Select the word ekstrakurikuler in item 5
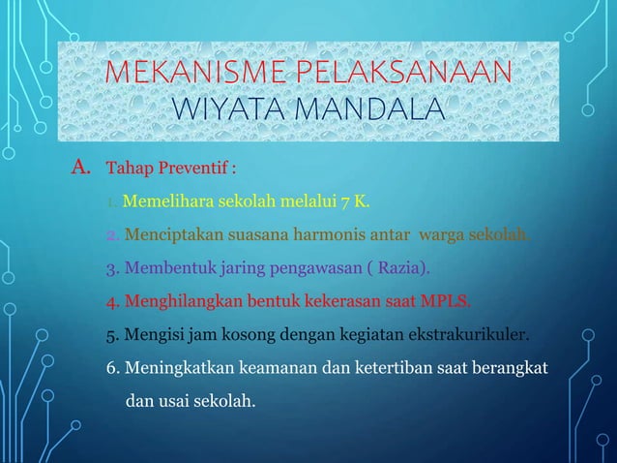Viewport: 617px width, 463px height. coord(472,336)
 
